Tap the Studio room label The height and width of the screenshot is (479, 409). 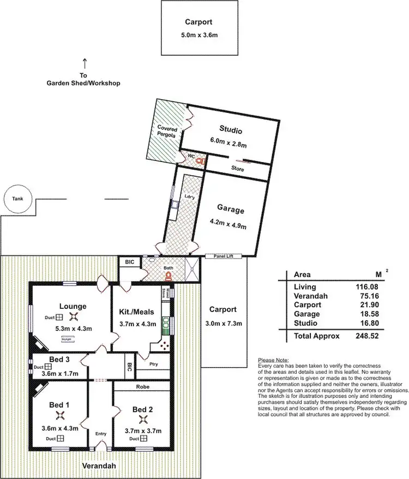click(x=230, y=130)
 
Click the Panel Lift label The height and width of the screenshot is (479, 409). click(x=224, y=256)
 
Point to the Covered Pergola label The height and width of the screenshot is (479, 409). click(x=167, y=131)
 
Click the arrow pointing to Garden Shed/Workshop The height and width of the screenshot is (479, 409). click(x=83, y=64)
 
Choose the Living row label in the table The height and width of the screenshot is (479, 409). click(x=304, y=287)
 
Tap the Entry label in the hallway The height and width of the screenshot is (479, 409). click(x=101, y=434)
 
